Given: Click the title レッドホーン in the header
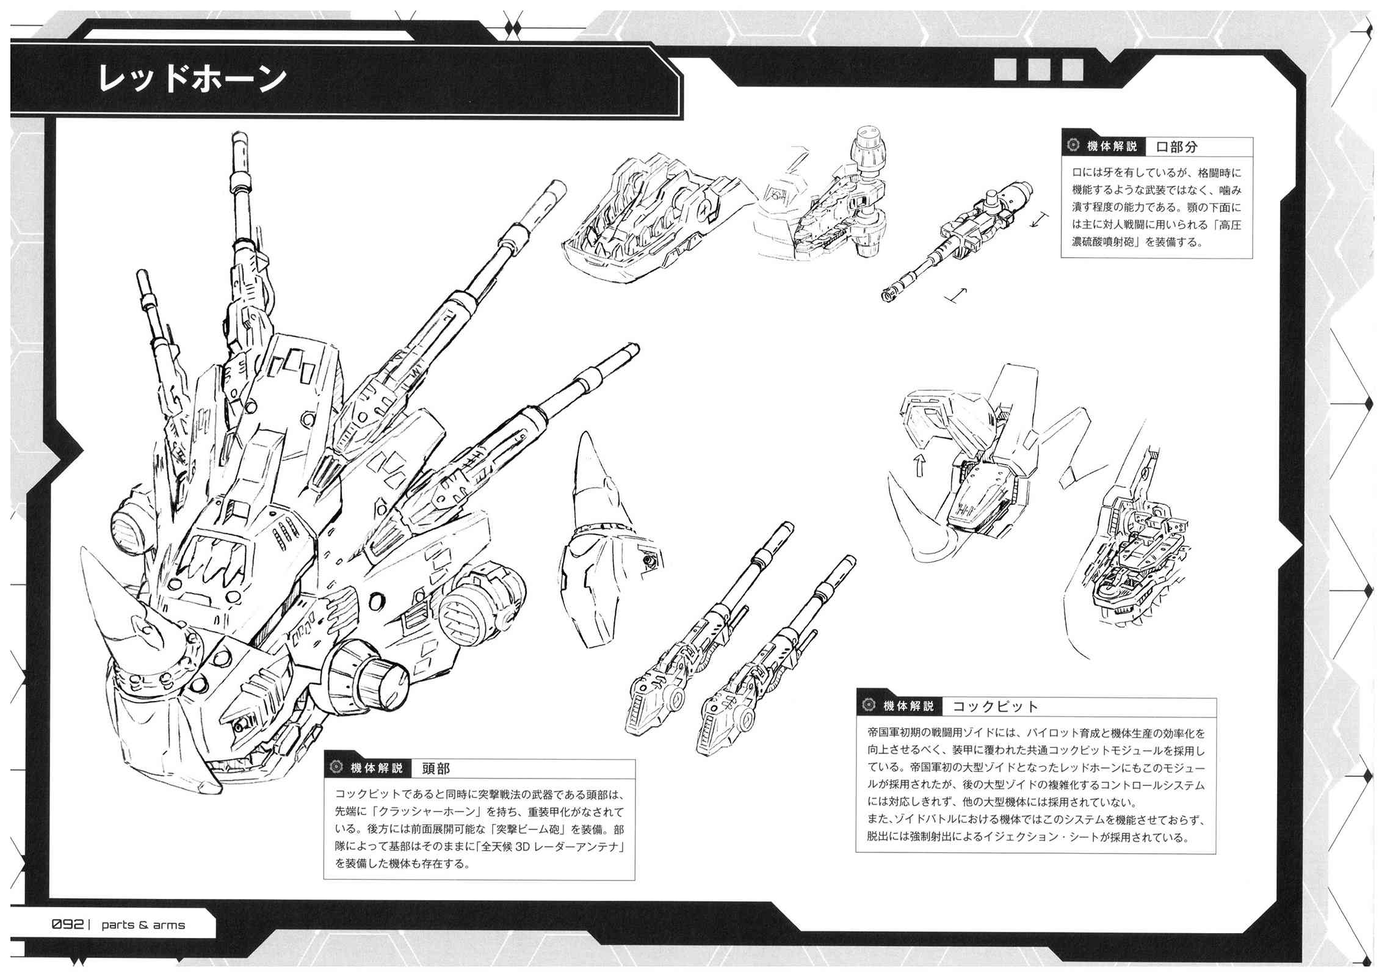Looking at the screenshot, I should click(192, 79).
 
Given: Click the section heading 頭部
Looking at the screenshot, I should click(435, 769).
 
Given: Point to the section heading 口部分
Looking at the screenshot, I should click(1176, 147).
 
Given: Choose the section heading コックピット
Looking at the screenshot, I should click(994, 707).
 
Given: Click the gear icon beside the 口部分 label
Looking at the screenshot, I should click(1073, 146).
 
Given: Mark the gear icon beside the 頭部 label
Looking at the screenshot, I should click(336, 768).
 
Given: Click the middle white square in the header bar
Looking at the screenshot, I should click(1038, 70).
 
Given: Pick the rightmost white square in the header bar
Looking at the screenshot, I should click(1073, 70).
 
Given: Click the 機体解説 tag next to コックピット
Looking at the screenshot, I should click(908, 706).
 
